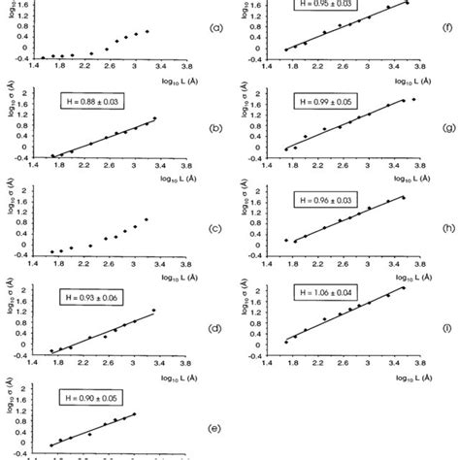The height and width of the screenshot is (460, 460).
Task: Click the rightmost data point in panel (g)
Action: (x=414, y=100)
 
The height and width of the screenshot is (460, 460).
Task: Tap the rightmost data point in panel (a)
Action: (x=148, y=32)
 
